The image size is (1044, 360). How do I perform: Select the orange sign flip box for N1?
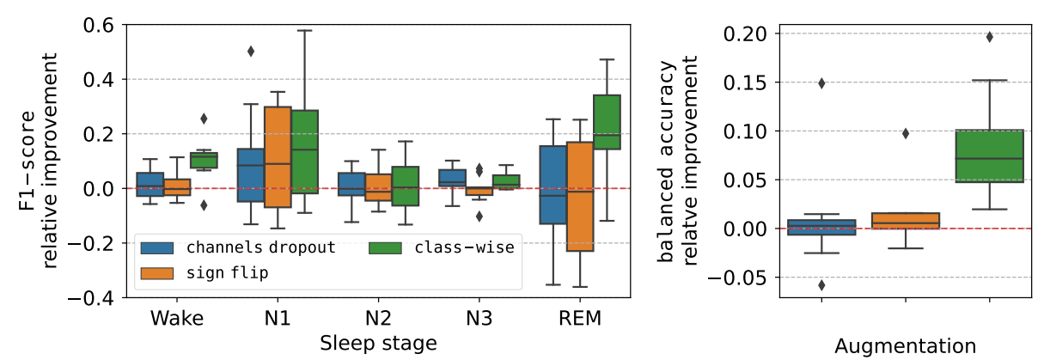pos(277,157)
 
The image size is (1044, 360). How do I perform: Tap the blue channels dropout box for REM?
pos(553,185)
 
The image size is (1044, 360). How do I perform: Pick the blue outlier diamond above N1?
pos(250,52)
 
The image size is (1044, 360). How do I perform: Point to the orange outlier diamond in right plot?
pos(905,133)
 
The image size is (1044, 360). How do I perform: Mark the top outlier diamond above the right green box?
pos(989,37)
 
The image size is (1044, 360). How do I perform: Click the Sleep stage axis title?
pos(379,344)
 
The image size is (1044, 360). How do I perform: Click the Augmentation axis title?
pos(906,346)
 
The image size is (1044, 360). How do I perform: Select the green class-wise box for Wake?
pos(205,161)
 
